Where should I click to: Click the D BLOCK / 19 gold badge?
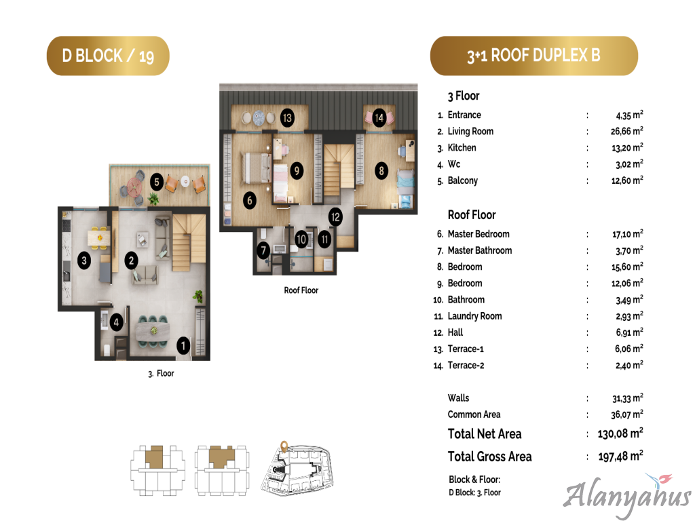[108, 56]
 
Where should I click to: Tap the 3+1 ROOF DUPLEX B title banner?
[533, 56]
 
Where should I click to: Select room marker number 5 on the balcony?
[157, 182]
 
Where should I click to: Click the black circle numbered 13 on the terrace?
[287, 118]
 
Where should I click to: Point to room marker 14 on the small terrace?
[379, 118]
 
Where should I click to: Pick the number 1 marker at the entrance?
[183, 346]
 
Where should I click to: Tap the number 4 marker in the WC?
[116, 322]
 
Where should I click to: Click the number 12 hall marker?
[335, 217]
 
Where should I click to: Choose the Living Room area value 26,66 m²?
[626, 131]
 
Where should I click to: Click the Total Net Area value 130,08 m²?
[620, 433]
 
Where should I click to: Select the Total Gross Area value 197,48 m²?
[620, 456]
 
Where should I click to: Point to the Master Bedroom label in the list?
[478, 234]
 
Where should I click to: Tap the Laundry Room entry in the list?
[474, 316]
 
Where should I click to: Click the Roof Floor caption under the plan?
[301, 290]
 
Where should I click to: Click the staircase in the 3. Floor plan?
[189, 242]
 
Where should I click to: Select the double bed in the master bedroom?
[256, 168]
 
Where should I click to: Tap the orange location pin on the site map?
[284, 445]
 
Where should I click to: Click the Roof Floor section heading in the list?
[472, 215]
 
